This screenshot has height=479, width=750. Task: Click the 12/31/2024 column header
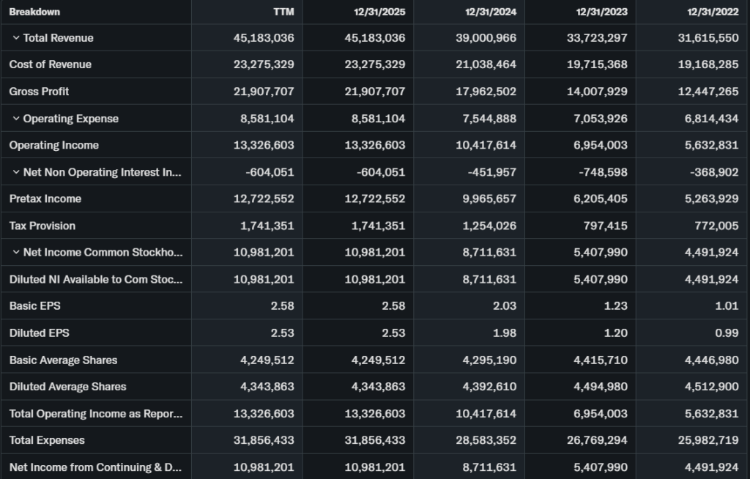pos(490,12)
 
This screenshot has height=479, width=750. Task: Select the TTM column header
pos(283,12)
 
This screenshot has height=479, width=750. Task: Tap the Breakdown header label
pos(34,12)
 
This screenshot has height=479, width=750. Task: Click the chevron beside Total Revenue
pos(16,37)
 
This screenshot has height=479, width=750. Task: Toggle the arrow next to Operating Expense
pos(16,118)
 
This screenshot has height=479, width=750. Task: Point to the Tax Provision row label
pos(42,226)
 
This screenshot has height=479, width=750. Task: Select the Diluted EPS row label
pos(39,333)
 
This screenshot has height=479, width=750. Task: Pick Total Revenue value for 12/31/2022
pos(708,38)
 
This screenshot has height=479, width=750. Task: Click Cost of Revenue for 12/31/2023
pos(597,64)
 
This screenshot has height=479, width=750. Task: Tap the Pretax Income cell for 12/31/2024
pos(486,199)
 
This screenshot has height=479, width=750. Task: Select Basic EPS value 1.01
pos(727,306)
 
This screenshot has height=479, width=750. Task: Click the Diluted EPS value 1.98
pos(505,333)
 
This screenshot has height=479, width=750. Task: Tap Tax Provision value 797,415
pos(605,226)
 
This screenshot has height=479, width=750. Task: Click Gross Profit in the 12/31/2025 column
pos(374,92)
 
